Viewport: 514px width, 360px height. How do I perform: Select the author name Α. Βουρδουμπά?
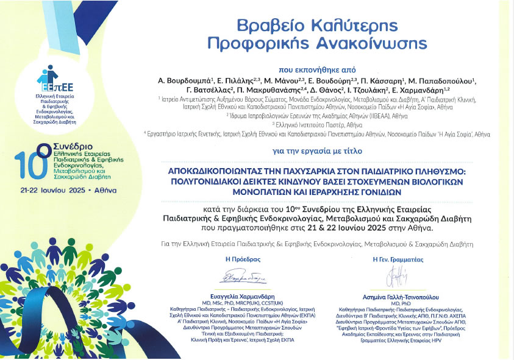(x=182, y=80)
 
